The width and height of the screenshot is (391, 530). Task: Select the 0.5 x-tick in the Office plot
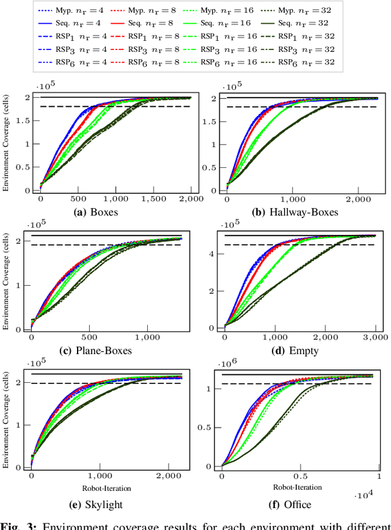300,476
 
